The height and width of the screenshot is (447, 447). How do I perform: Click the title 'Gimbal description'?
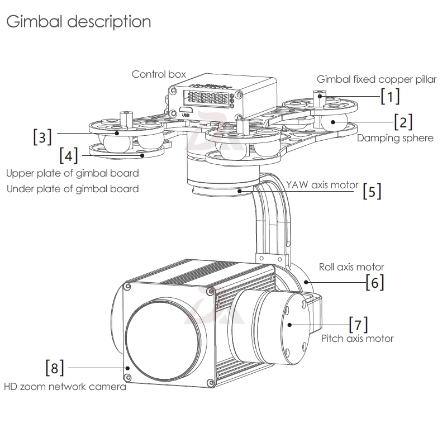[79, 22]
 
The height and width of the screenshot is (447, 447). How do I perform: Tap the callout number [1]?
[390, 96]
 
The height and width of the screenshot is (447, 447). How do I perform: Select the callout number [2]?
[403, 122]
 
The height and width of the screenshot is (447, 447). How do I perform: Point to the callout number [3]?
[42, 137]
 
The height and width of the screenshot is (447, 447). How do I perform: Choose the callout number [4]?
[69, 155]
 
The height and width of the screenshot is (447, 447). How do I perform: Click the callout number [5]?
[372, 191]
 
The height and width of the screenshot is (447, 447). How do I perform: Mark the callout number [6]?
[375, 282]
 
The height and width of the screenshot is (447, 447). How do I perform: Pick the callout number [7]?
[359, 325]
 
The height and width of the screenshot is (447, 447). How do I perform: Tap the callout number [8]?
[55, 368]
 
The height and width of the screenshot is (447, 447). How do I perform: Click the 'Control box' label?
[159, 74]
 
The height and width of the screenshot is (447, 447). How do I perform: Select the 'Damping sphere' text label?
[395, 138]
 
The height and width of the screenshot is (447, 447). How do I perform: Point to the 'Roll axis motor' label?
[351, 267]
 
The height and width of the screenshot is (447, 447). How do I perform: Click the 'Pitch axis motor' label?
[357, 339]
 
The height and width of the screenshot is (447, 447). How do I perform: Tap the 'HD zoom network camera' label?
[65, 387]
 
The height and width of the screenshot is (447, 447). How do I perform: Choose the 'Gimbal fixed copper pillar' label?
[376, 79]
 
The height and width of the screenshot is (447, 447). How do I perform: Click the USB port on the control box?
[186, 110]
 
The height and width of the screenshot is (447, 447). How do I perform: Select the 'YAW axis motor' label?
[322, 185]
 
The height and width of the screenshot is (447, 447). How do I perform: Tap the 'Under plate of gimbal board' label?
[73, 189]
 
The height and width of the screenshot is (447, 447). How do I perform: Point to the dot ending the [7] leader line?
[289, 325]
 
